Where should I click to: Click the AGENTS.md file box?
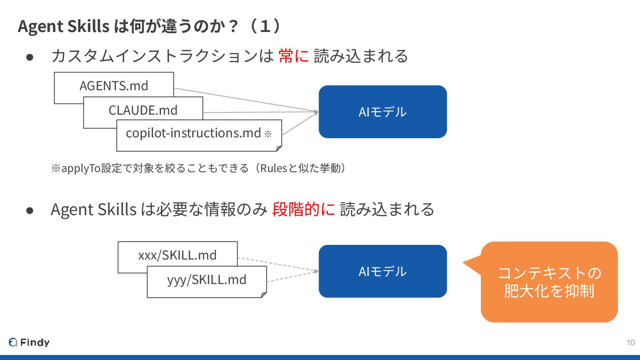coord(114,85)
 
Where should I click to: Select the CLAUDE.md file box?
coord(143,110)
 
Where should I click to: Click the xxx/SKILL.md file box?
coord(177,255)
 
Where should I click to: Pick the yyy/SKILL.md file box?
coord(207,280)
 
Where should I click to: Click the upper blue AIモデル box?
coord(382,112)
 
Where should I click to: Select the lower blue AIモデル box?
coord(382,271)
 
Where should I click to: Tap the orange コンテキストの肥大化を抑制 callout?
coord(549,282)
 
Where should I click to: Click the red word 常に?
coord(293,56)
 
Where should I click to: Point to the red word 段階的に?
coord(304,209)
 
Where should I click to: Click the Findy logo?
coord(29,342)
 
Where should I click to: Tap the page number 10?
coord(630,342)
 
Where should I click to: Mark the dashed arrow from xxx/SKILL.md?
coord(278,264)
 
